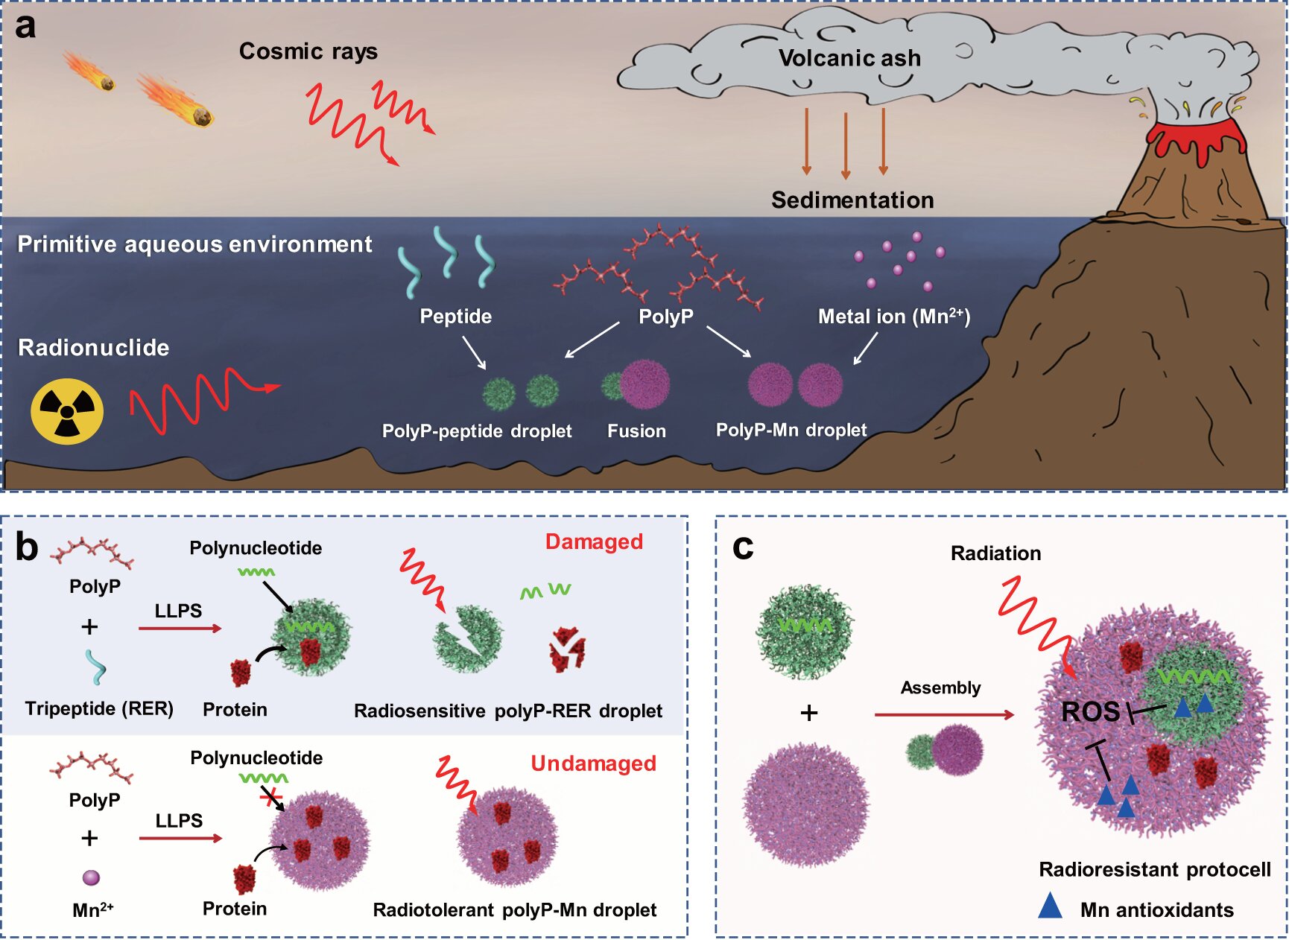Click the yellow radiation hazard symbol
pos(67,411)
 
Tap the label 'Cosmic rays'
pos(308,51)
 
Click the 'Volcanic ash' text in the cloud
pos(849,58)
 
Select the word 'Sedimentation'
pos(852,200)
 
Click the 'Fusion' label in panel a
pos(636,431)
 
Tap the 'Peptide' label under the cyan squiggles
pos(455,317)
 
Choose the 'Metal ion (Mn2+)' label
pos(893,317)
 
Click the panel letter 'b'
pos(27,547)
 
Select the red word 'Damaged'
pos(594,542)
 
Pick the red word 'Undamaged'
pos(593,763)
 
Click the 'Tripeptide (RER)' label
pos(99,708)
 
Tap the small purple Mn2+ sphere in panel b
pos(91,877)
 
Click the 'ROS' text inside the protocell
pos(1090,712)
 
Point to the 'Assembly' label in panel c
pos(940,687)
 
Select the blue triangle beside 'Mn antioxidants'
pos(1050,906)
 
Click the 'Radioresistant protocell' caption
pos(1154,869)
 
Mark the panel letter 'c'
pos(743,547)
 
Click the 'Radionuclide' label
pos(93,348)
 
